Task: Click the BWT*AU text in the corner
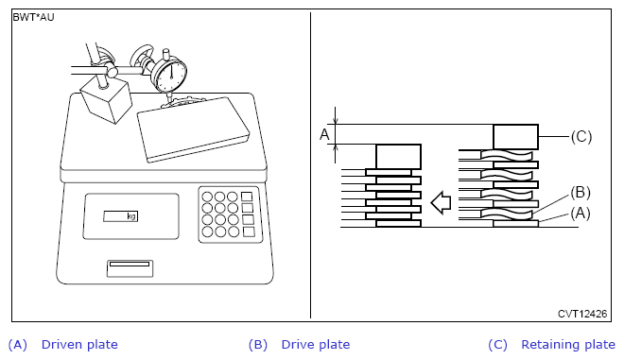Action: pyautogui.click(x=33, y=18)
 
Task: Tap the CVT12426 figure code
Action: pyautogui.click(x=582, y=314)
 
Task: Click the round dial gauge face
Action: pyautogui.click(x=171, y=76)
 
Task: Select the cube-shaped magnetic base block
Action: pyautogui.click(x=106, y=100)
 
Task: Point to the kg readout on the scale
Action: pyautogui.click(x=121, y=216)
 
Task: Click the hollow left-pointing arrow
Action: pyautogui.click(x=441, y=202)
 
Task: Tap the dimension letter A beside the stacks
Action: pyautogui.click(x=324, y=134)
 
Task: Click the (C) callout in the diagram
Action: pyautogui.click(x=581, y=136)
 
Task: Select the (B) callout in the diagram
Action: pyautogui.click(x=581, y=193)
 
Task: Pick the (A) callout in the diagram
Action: pyautogui.click(x=581, y=214)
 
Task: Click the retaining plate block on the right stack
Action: pyautogui.click(x=516, y=137)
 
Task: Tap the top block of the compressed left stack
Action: pyautogui.click(x=398, y=157)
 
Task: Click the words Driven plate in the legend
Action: pyautogui.click(x=79, y=345)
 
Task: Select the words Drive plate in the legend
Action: pyautogui.click(x=316, y=345)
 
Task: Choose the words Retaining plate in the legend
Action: pyautogui.click(x=568, y=345)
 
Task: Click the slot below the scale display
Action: pyautogui.click(x=130, y=268)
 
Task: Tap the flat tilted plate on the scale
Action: pyautogui.click(x=194, y=129)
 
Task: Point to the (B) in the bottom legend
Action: pyautogui.click(x=258, y=345)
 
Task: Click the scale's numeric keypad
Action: pyautogui.click(x=231, y=214)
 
